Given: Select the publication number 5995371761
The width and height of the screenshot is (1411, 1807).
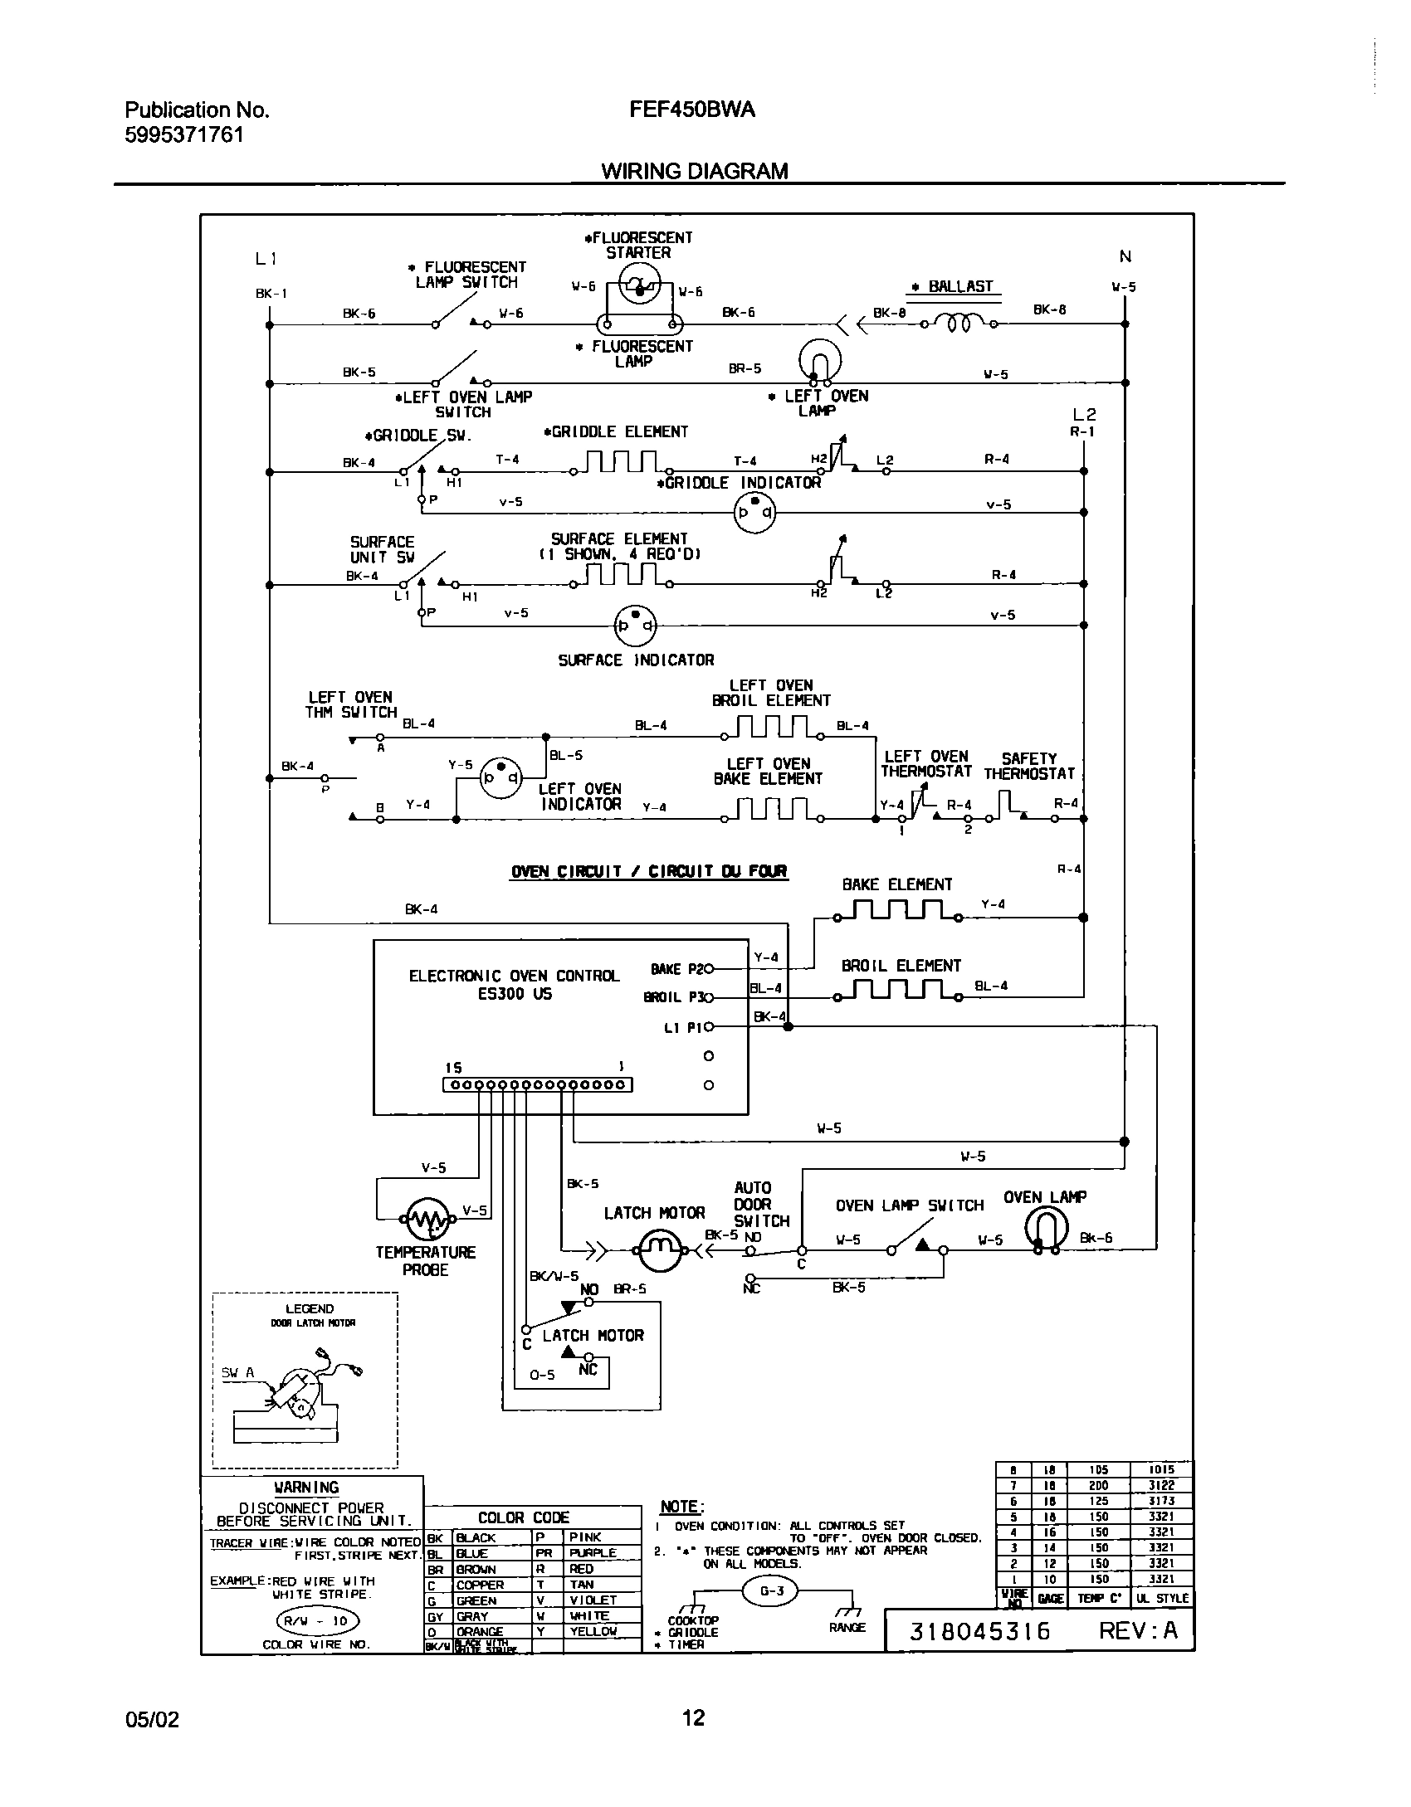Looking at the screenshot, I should pyautogui.click(x=184, y=134).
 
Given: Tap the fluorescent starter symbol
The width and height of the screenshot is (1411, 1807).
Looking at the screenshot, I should pyautogui.click(x=638, y=286).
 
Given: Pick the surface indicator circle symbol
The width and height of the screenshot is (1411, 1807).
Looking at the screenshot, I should pyautogui.click(x=635, y=626).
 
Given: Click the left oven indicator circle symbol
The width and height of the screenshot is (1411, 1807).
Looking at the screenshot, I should pyautogui.click(x=501, y=777).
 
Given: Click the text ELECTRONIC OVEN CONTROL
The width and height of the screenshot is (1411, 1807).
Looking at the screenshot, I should pyautogui.click(x=514, y=976).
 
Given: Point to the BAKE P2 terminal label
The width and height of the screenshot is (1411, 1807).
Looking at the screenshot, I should pyautogui.click(x=677, y=969).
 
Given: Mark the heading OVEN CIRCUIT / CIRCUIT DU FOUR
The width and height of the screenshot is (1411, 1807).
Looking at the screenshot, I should pyautogui.click(x=649, y=871).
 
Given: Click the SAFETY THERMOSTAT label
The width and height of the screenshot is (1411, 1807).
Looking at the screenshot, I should pyautogui.click(x=1029, y=766).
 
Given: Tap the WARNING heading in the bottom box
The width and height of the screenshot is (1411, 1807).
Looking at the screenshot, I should pyautogui.click(x=306, y=1488).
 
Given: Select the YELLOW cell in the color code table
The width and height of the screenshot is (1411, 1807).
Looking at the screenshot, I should pyautogui.click(x=593, y=1631).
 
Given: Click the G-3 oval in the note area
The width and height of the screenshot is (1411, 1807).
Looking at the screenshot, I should pyautogui.click(x=772, y=1590).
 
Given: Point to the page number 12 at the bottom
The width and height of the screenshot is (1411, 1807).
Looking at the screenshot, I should pyautogui.click(x=693, y=1717).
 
